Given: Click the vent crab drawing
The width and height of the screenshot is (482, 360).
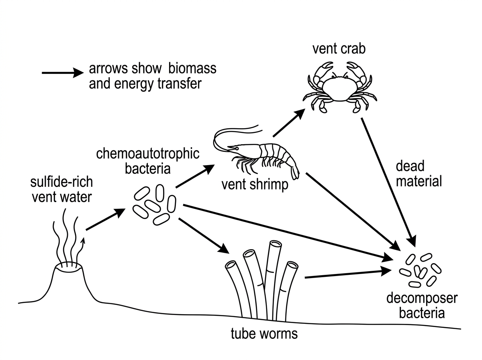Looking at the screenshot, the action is coord(340,88).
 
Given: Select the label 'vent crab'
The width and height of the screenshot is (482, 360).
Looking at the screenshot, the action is coord(339,49).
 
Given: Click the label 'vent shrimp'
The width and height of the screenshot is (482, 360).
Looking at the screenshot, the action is coord(255,185).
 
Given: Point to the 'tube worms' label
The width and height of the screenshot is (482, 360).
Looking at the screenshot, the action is coord(264,333).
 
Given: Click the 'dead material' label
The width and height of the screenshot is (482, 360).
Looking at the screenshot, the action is coord(419,174).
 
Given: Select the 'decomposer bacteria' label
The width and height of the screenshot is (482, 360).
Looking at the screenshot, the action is coord(422,305).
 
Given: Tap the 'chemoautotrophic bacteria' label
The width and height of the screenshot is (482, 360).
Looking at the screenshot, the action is coord(148,161).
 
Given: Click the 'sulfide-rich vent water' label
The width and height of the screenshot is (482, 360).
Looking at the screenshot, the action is coord(62,190).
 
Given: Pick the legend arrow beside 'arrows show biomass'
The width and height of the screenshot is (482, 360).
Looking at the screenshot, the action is coord(63,73).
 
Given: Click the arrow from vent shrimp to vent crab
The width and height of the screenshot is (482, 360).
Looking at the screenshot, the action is coord(289,123).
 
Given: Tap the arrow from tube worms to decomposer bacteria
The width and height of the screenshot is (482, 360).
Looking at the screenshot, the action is coord(348,274).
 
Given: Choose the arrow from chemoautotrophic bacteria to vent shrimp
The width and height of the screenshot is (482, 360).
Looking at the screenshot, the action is coord(195,176).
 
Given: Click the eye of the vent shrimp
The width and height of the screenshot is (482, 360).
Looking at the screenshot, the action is coord(237,149).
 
